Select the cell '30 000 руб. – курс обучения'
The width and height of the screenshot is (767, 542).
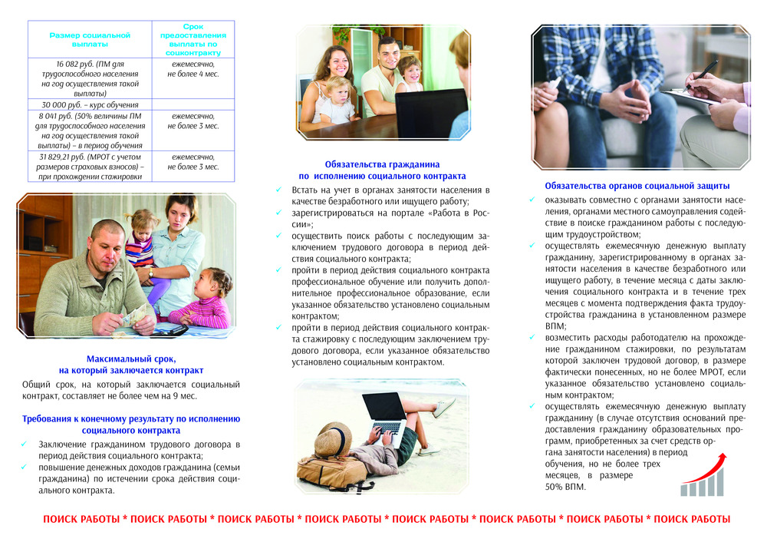[x=90, y=104]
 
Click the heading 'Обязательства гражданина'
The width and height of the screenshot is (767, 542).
[x=381, y=164]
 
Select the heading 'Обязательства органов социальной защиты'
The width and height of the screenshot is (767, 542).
[x=637, y=186]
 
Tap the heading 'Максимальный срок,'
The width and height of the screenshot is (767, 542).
[x=130, y=359]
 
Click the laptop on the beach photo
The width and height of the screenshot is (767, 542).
[x=386, y=415]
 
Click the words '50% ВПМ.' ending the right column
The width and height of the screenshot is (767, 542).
[x=565, y=487]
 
